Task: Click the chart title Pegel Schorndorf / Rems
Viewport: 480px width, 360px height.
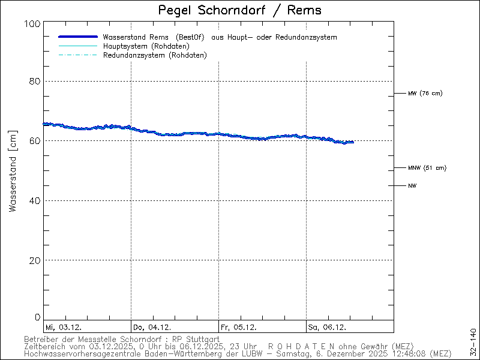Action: point(239,10)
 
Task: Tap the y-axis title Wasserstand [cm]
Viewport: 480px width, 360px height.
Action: point(13,170)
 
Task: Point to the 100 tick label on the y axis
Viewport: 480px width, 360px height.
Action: point(32,23)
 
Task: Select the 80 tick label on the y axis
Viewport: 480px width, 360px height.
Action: point(34,82)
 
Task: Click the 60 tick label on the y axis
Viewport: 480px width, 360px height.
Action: point(34,141)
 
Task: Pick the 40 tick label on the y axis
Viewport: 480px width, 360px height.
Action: point(34,200)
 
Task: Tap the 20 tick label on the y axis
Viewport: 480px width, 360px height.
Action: point(34,260)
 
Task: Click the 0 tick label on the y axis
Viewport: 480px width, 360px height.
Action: point(37,317)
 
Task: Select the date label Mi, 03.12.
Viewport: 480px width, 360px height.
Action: point(64,327)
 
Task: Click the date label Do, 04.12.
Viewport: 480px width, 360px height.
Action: point(152,327)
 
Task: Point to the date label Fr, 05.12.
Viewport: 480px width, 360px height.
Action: point(239,327)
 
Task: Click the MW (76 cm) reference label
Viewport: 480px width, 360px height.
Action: point(425,94)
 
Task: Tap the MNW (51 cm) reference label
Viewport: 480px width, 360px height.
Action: point(427,168)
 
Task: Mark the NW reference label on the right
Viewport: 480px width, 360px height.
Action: point(412,186)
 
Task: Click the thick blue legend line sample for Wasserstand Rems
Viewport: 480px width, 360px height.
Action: point(77,37)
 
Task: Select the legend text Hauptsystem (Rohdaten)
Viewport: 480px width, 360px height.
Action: point(146,46)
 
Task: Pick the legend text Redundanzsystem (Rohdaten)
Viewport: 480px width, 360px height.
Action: point(155,55)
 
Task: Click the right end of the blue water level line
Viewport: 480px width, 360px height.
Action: point(352,142)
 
